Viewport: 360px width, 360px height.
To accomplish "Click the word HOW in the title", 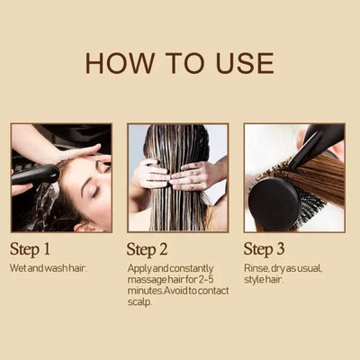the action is coord(120,63).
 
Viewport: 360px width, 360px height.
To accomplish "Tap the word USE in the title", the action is coord(245,63).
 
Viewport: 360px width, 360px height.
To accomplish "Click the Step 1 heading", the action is coord(30,249).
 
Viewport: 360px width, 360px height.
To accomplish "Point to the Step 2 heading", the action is coord(147,249).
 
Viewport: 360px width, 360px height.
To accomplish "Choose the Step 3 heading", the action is coord(264,249).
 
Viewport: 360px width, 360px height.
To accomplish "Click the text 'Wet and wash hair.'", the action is coord(48,268).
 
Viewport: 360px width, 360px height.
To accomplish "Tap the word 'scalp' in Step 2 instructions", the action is coord(139,302).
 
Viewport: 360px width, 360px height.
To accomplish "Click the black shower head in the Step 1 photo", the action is coord(35,174).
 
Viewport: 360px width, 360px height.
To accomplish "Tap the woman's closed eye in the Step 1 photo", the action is coord(96,192).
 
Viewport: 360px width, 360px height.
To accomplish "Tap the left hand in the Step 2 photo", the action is coord(150,174).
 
